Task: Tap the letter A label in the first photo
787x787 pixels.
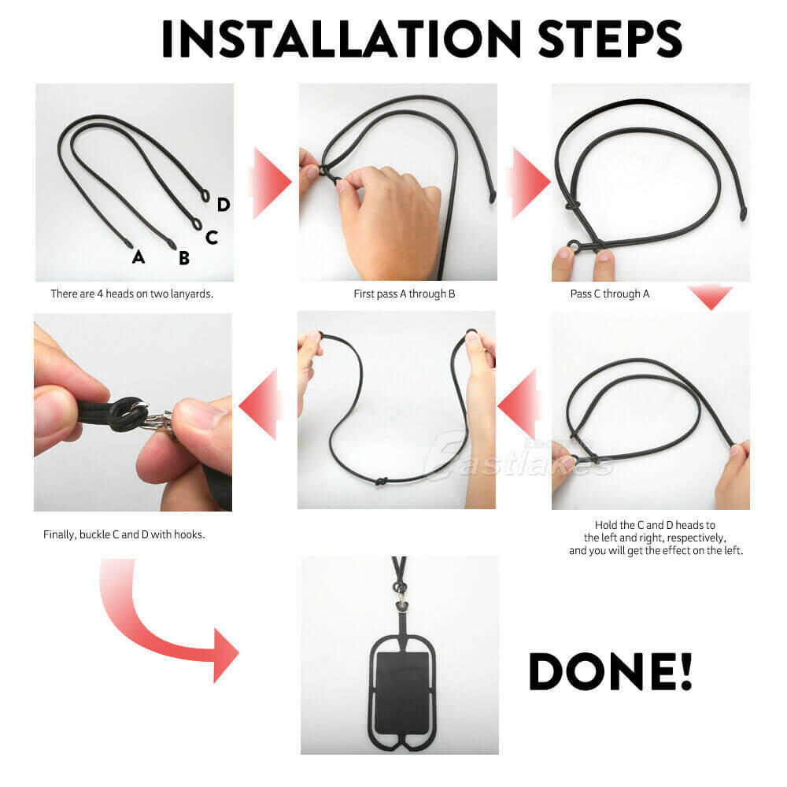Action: pos(139,256)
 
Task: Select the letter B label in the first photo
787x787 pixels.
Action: pos(183,257)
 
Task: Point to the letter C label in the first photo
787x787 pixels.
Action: pos(211,237)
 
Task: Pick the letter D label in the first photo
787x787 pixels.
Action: pos(224,205)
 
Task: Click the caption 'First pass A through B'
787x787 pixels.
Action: pos(404,294)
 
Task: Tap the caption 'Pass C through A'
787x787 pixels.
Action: pos(610,294)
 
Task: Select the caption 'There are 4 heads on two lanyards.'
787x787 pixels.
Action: pos(132,294)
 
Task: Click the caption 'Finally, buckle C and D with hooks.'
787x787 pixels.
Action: pos(124,534)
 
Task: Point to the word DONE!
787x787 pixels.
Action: pos(610,671)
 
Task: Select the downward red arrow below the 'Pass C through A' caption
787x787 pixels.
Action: pos(710,297)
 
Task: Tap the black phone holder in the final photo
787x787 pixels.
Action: pos(401,685)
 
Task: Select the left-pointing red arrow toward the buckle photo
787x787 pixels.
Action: pos(260,405)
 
